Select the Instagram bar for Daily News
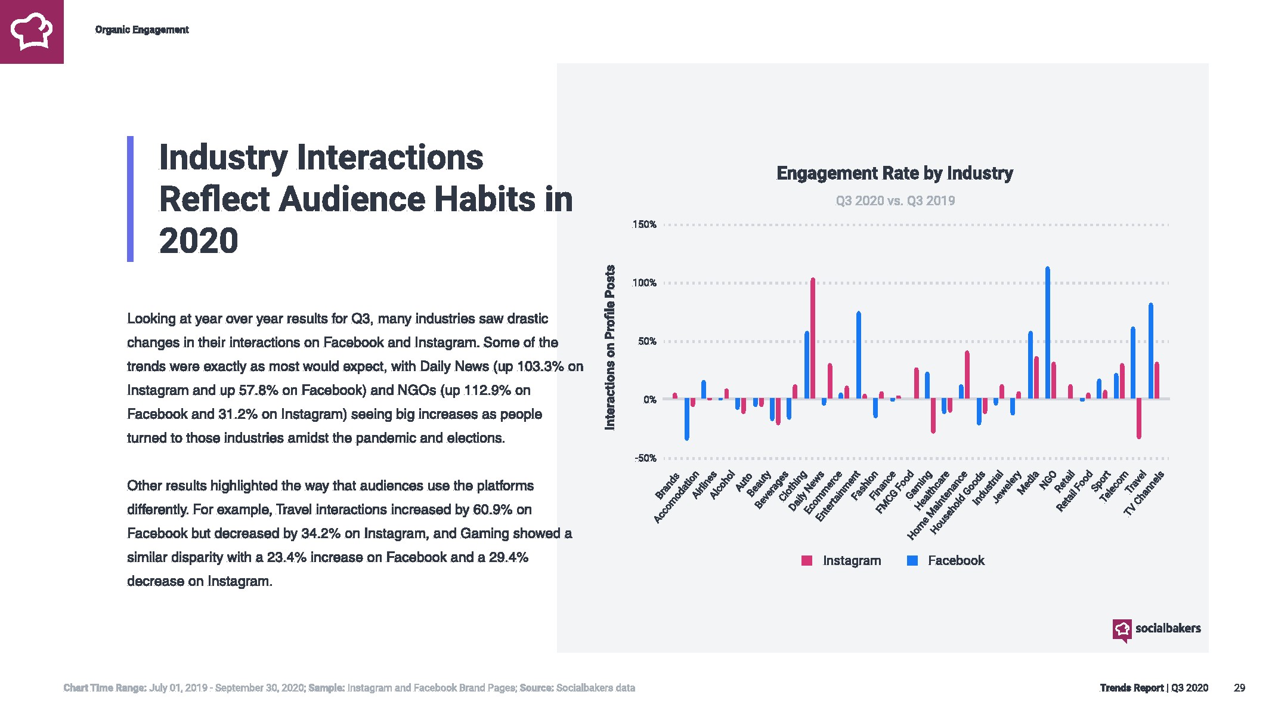coord(812,338)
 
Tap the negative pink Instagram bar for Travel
coord(1138,418)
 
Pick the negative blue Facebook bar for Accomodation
coord(687,419)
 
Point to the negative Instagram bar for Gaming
coord(933,415)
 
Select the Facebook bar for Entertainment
coord(858,355)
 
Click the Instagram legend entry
coord(841,561)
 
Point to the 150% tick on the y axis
coord(644,225)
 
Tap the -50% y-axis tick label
coord(645,458)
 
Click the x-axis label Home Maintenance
coord(937,507)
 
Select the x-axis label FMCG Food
coord(895,493)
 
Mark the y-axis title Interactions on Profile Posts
coord(609,347)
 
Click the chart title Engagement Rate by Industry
coord(895,173)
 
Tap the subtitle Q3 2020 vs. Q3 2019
coord(895,200)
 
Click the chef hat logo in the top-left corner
coord(32,32)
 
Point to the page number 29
coord(1239,688)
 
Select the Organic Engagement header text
coord(142,30)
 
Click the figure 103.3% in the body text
coord(540,366)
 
